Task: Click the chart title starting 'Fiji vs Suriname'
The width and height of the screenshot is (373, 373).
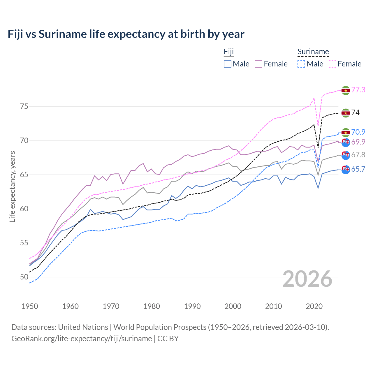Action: click(126, 34)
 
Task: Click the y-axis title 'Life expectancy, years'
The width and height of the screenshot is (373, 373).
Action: click(12, 186)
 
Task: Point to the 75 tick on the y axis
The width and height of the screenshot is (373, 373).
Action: click(24, 106)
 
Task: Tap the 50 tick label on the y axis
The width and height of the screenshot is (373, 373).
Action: click(24, 277)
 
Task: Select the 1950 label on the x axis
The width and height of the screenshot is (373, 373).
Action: click(30, 306)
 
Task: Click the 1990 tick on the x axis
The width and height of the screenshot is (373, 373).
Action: click(192, 306)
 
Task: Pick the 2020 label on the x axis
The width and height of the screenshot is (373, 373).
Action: click(314, 306)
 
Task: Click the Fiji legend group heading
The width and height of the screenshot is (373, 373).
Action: click(229, 52)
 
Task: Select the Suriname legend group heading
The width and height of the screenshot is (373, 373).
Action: click(313, 52)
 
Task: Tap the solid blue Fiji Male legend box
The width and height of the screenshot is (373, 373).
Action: click(228, 64)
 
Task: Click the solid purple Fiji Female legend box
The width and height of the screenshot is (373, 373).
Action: click(258, 64)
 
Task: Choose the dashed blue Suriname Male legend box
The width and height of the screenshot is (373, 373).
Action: click(301, 64)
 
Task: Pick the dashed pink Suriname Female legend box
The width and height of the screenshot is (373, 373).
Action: click(332, 64)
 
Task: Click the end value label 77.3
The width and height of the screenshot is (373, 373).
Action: click(358, 90)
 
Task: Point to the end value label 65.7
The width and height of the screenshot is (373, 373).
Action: click(358, 169)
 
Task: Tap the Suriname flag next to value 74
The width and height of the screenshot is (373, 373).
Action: click(346, 113)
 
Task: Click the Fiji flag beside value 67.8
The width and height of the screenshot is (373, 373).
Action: click(346, 155)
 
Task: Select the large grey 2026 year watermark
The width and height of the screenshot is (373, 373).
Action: click(307, 279)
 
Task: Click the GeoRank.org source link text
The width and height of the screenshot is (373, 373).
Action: click(82, 339)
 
